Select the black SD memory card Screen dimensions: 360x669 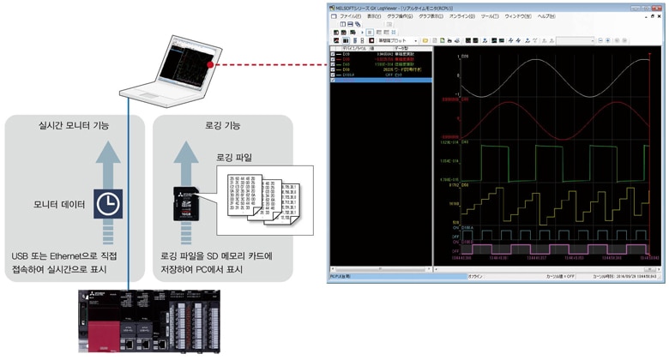tap(188, 201)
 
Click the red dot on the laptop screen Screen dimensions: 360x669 tap(208, 62)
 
